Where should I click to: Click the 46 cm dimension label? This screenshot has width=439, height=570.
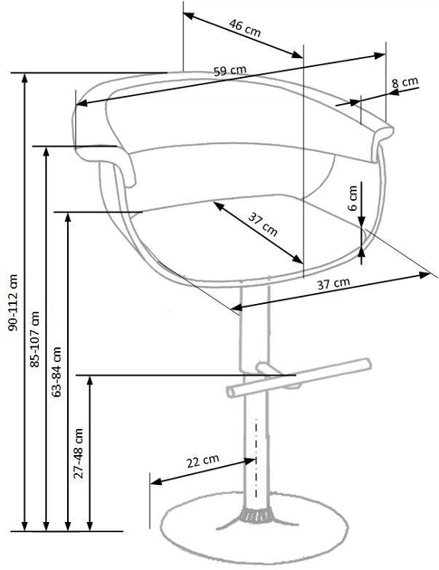(243, 26)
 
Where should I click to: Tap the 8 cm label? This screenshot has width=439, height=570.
(405, 82)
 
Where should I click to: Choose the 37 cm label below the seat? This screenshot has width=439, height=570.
(334, 283)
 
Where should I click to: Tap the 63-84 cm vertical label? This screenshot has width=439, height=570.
(58, 372)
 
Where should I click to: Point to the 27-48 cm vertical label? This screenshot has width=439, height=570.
(79, 452)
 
